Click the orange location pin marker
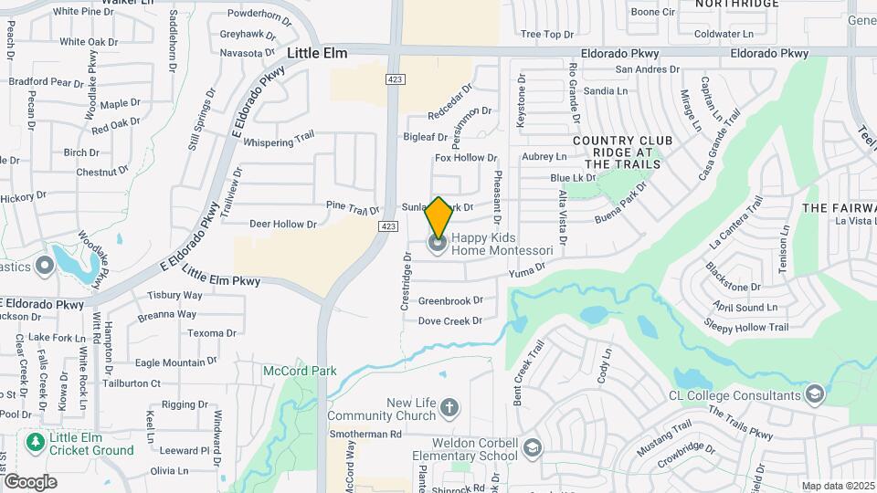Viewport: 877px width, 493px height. pos(438,217)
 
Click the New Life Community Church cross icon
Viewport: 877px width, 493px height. pos(449,407)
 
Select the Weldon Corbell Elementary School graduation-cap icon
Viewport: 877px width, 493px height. pos(533,447)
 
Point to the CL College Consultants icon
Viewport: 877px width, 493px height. pos(814,394)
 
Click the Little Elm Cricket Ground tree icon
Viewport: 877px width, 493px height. pos(36,443)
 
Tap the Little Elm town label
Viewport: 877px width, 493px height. pos(317,54)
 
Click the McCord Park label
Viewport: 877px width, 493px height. pos(301,371)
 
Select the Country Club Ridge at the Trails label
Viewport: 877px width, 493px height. pos(616,152)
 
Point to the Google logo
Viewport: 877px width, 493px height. pos(29,482)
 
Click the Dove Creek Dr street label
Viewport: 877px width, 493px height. pos(449,321)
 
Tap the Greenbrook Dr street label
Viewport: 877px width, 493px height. pos(450,300)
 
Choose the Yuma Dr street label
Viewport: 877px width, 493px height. pos(527,267)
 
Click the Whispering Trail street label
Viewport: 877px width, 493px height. pos(280,142)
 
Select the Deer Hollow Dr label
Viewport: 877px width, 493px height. pos(282,224)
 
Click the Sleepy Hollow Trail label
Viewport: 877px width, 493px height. pos(745,327)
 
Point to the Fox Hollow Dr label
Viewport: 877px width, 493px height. pos(466,158)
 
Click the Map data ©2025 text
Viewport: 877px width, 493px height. pos(837,486)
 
